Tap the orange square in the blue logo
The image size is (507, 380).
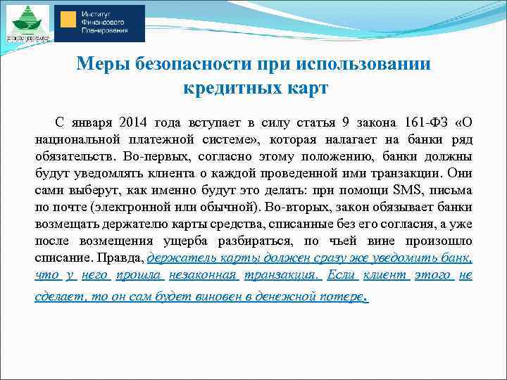pos(68,20)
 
